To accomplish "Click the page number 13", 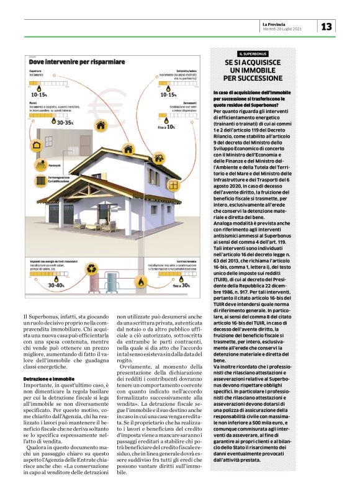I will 326,26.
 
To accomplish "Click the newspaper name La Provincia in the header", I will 277,24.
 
